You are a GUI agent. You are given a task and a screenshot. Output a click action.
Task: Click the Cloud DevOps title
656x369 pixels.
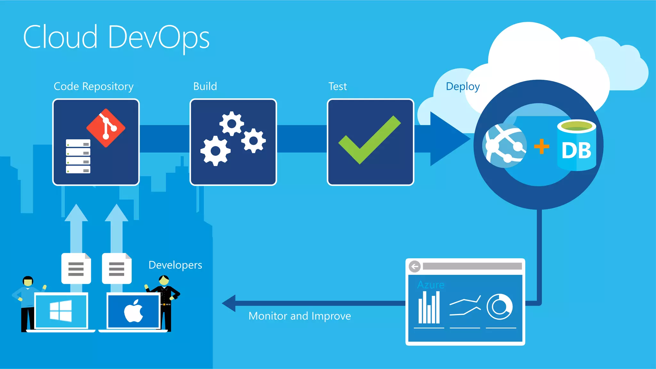pyautogui.click(x=116, y=37)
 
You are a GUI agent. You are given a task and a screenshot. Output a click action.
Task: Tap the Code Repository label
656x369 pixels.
pyautogui.click(x=93, y=86)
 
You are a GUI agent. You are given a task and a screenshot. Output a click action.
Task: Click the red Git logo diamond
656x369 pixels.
pyautogui.click(x=106, y=128)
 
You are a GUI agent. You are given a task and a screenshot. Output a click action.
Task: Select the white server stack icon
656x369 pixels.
pyautogui.click(x=78, y=156)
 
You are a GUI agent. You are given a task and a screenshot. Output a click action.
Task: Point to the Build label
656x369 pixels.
pyautogui.click(x=205, y=86)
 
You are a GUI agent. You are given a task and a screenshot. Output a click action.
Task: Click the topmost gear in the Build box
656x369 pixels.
pyautogui.click(x=231, y=123)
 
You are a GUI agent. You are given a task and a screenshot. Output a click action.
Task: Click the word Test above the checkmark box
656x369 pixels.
pyautogui.click(x=337, y=86)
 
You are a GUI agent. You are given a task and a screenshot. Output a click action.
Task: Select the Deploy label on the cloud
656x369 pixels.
pyautogui.click(x=463, y=86)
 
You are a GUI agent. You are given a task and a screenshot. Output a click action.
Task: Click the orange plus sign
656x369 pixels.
pyautogui.click(x=541, y=146)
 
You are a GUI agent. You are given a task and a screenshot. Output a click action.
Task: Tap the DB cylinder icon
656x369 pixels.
pyautogui.click(x=577, y=145)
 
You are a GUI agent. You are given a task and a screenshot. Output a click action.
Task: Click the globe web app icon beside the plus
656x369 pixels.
pyautogui.click(x=504, y=146)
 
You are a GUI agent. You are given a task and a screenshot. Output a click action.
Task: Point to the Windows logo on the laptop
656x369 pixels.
pyautogui.click(x=61, y=311)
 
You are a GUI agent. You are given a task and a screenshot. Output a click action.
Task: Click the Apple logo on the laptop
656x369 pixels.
pyautogui.click(x=134, y=311)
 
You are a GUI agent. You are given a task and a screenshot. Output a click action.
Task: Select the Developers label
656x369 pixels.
pyautogui.click(x=175, y=265)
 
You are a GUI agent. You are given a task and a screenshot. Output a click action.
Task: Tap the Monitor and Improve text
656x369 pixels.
pyautogui.click(x=299, y=316)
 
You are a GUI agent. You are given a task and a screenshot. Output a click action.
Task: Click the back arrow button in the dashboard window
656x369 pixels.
pyautogui.click(x=415, y=266)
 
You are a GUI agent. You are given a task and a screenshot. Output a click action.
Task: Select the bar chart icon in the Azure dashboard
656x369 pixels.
pyautogui.click(x=429, y=307)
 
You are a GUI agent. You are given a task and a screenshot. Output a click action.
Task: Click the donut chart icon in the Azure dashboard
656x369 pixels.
pyautogui.click(x=499, y=307)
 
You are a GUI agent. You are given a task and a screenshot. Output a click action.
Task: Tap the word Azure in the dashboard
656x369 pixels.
pyautogui.click(x=431, y=284)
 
